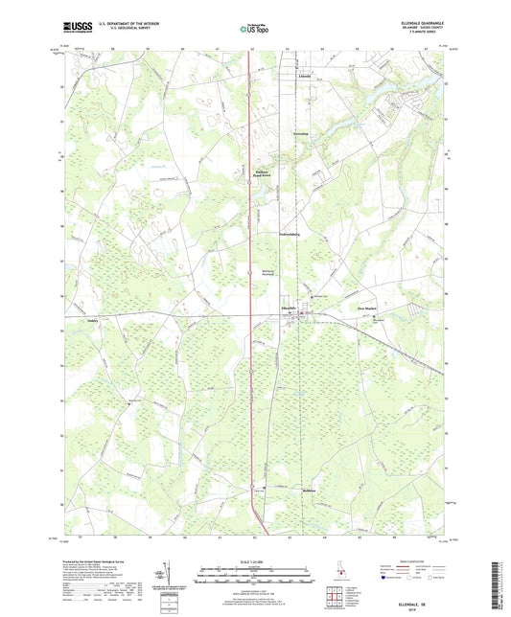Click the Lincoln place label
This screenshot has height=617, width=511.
point(304,74)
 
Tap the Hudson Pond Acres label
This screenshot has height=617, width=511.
point(248,174)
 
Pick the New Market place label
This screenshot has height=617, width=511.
point(368,308)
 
